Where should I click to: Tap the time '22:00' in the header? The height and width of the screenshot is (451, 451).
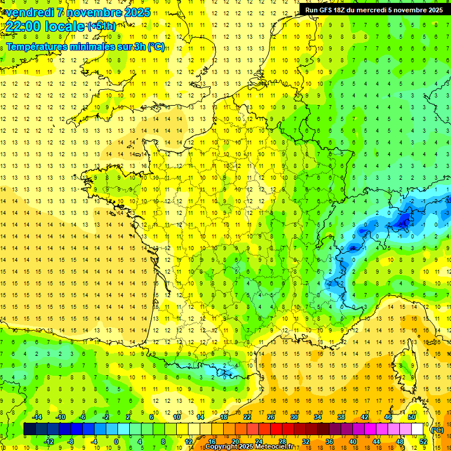(x=25, y=27)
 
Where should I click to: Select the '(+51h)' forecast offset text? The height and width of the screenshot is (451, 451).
(x=102, y=26)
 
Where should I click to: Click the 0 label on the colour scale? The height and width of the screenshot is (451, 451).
(x=116, y=442)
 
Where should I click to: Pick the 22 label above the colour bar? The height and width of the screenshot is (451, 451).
(x=247, y=416)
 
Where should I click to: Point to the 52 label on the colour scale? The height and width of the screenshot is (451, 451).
(x=423, y=442)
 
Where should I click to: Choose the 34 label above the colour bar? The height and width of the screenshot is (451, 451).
(x=318, y=416)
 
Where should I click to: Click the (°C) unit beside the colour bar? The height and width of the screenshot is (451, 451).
(x=437, y=429)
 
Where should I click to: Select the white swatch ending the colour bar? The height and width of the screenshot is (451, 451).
(x=418, y=429)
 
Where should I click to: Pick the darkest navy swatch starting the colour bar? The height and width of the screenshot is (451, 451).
(x=29, y=429)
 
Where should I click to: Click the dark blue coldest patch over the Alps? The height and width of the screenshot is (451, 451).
(x=404, y=220)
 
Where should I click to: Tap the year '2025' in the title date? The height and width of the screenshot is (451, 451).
(x=134, y=12)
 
